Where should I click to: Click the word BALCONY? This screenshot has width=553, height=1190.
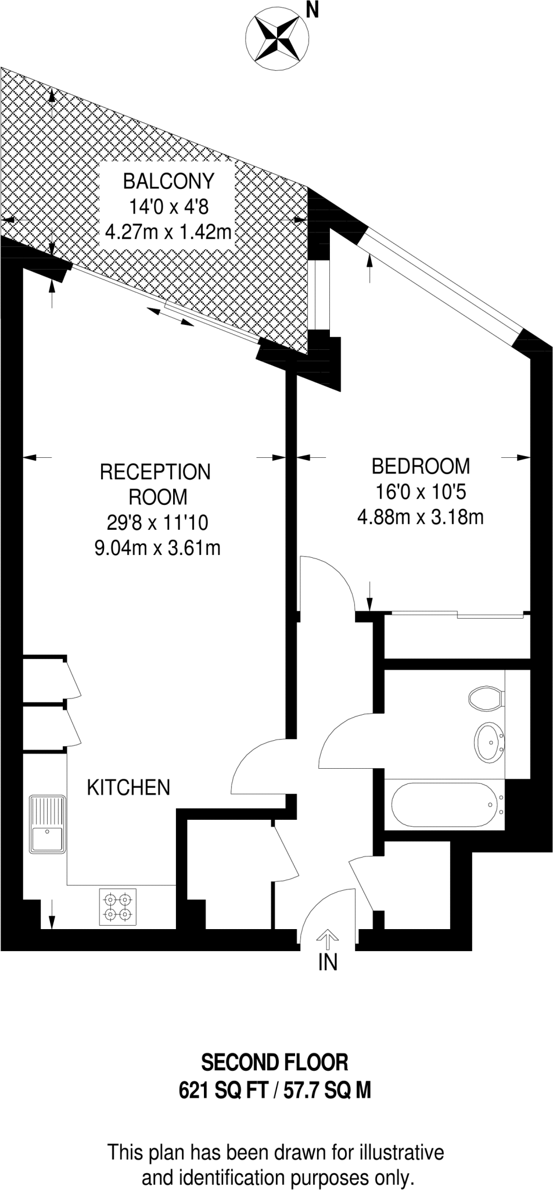point(168,181)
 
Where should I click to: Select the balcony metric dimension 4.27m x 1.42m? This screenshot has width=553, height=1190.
point(168,232)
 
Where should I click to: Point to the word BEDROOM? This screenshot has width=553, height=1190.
point(421,466)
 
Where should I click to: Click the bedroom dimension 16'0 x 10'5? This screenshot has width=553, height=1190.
point(421,492)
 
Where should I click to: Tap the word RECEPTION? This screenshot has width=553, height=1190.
point(155,472)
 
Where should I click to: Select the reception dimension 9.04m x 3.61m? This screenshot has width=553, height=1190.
point(157,548)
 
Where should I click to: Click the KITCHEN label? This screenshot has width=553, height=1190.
point(128,788)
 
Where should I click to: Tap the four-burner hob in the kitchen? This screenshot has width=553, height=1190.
point(118,906)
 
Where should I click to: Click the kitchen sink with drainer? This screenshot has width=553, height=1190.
point(48,825)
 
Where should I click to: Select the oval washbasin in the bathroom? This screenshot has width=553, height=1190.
point(490,742)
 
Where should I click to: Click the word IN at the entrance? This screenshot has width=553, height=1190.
point(328,963)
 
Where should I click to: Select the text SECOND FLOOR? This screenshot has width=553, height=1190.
point(275,1063)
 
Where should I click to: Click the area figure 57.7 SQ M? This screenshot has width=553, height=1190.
point(327,1091)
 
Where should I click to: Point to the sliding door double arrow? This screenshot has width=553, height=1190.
point(170,317)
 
